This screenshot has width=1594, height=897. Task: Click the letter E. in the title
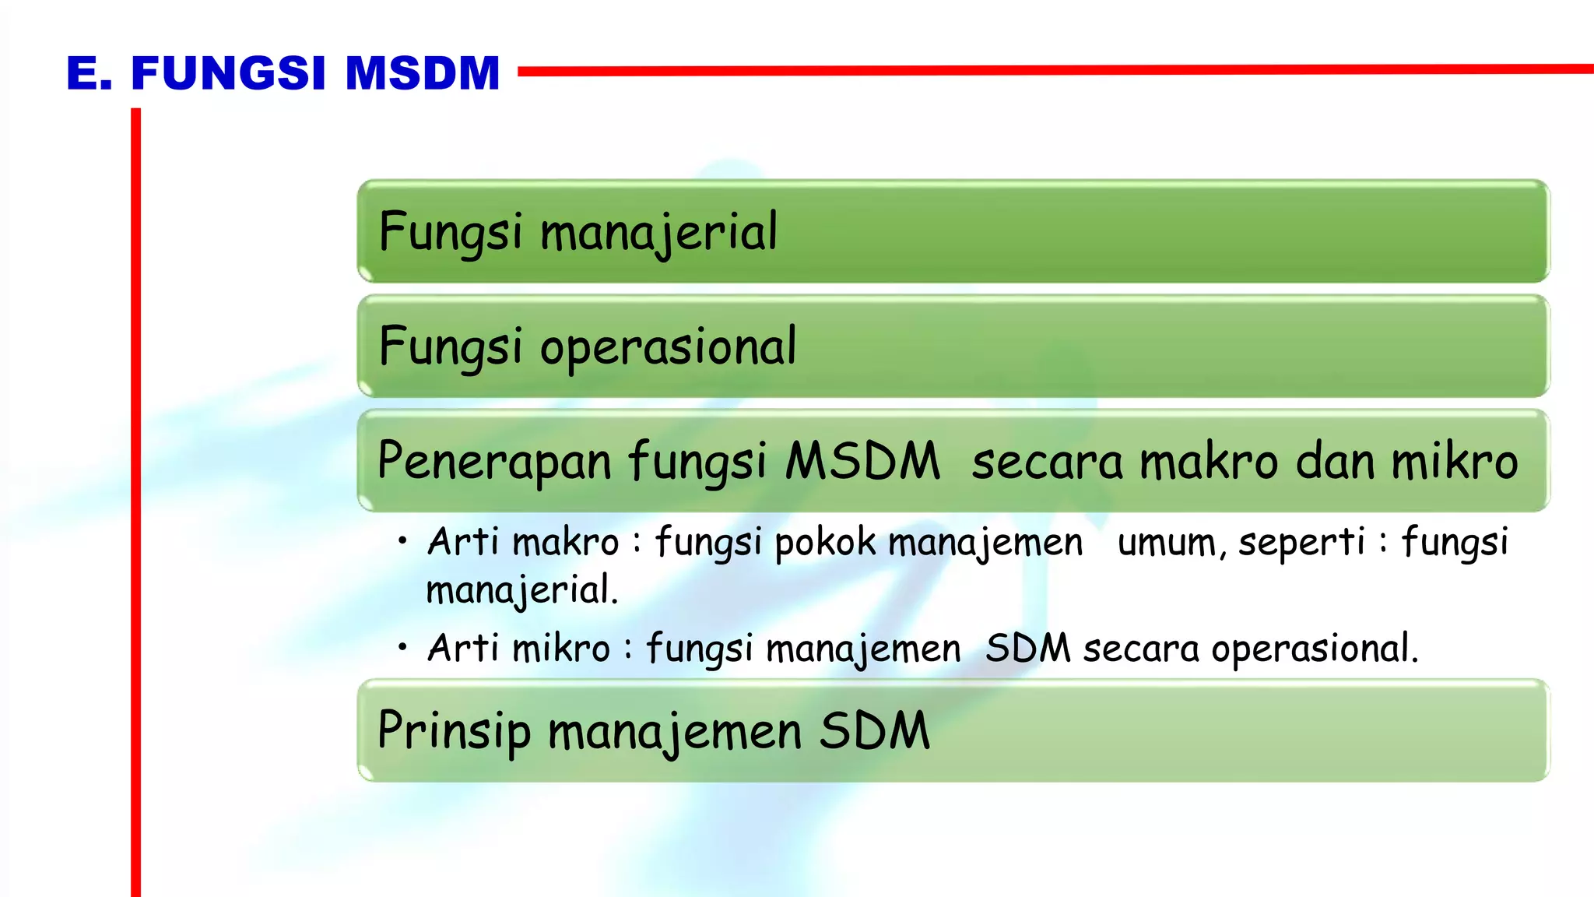coord(89,74)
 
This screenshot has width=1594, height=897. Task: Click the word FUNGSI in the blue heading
coord(228,74)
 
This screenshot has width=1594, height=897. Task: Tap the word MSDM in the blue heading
coord(422,74)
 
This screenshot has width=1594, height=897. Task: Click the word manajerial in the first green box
coord(658,233)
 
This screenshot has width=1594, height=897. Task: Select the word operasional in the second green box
coord(668,347)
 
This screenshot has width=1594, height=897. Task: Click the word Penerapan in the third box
coord(495,461)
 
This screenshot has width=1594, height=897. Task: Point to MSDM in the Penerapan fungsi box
coord(862,461)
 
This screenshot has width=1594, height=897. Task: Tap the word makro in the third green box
coord(1209,461)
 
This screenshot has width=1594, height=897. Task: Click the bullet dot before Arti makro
coord(402,540)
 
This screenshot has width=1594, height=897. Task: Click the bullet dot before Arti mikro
coord(402,646)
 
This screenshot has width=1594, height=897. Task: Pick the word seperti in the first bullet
coord(1301,543)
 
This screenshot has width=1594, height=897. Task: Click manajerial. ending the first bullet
coord(521,590)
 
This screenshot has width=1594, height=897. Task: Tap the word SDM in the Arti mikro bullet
coord(1028,649)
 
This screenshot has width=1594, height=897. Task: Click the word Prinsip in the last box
coord(454,732)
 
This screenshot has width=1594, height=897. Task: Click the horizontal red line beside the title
coord(1051,70)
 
